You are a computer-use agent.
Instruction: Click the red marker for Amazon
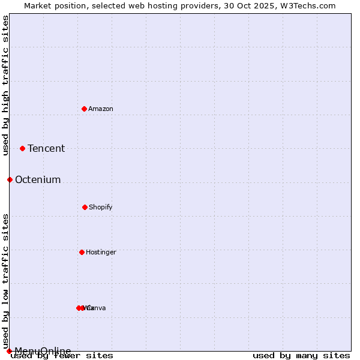[x=84, y=109]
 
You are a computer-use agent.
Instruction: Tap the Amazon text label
[x=101, y=109]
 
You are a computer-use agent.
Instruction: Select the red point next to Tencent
[x=22, y=148]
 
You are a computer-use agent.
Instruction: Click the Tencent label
[x=46, y=149]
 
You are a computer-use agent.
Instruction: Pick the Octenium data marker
[x=10, y=179]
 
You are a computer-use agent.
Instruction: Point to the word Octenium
[x=38, y=180]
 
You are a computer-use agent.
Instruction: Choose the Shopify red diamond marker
[x=85, y=207]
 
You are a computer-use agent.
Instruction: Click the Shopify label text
[x=101, y=207]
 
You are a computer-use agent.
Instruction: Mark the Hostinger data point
[x=82, y=252]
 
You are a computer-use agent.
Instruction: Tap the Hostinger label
[x=101, y=252]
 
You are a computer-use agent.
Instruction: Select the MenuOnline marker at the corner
[x=9, y=351]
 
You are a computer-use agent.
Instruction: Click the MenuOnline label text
[x=43, y=351]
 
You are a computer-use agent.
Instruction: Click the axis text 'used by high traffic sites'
[x=5, y=85]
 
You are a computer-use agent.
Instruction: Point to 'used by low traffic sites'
[x=5, y=281]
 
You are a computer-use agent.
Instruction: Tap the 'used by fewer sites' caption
[x=62, y=356]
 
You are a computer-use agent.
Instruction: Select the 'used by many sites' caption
[x=301, y=356]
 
